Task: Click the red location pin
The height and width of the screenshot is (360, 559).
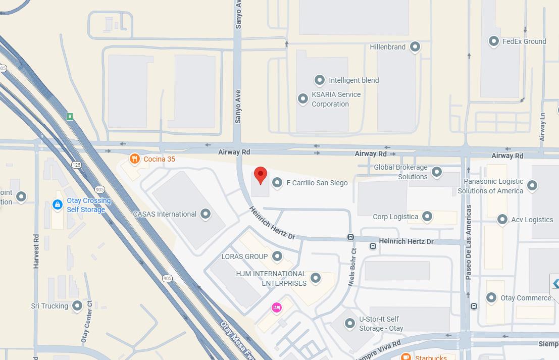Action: coord(260,175)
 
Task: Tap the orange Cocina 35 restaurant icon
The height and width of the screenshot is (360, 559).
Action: coord(134,159)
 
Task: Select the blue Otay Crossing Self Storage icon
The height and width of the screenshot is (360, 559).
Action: coord(58,204)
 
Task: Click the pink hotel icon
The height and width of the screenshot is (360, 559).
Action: coord(276,307)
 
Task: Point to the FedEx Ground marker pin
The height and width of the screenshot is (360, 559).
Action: coord(494,41)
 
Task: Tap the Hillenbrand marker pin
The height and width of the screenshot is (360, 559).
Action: coord(415,47)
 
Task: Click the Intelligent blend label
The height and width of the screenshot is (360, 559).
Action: coord(353,80)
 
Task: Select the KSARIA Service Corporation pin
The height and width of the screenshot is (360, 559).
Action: coord(302,99)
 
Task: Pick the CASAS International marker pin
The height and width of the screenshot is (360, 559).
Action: coord(206,214)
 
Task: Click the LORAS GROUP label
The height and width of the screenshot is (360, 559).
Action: coord(244,256)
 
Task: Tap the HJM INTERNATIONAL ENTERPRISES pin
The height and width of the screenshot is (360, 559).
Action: coord(316,278)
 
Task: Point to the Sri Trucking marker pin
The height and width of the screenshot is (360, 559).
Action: coord(77,305)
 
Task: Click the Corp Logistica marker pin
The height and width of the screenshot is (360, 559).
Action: coord(427,217)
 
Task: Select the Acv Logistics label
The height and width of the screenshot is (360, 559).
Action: coord(532,220)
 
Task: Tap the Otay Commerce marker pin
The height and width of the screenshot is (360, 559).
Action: coord(491,298)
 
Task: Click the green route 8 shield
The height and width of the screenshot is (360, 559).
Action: coord(70,117)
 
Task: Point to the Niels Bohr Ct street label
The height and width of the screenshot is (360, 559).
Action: coord(352,268)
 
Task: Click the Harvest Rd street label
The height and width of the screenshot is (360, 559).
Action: coord(36,250)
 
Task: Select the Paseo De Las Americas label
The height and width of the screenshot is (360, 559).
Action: coord(469,242)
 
